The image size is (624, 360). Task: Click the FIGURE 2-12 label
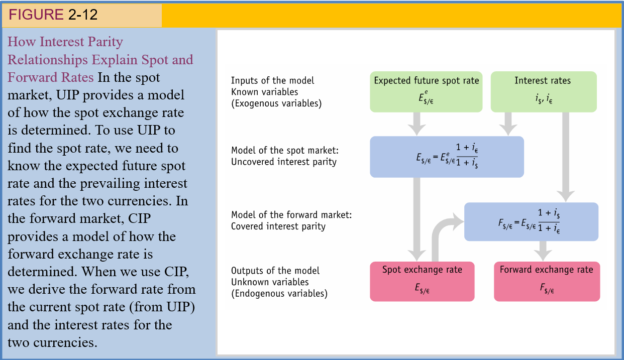coord(53,15)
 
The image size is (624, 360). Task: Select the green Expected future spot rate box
coord(426,91)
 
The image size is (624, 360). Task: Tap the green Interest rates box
coord(543,91)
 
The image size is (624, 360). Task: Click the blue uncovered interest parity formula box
coord(447,157)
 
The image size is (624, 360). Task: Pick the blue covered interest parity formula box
coord(531,221)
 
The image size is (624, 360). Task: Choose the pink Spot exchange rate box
coord(422,281)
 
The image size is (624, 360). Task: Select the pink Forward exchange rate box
coord(547,281)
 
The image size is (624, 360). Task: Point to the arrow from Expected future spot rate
coord(417,123)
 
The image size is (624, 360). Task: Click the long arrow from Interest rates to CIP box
coord(566,156)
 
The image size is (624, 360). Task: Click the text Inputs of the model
coord(272,80)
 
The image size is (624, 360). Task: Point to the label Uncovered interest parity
coord(283,162)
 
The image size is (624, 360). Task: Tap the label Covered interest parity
coord(278,226)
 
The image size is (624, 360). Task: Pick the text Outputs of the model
coord(275,271)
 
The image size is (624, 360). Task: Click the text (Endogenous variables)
coord(279,294)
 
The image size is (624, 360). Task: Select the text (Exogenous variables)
coord(276,103)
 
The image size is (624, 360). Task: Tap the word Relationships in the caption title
coord(47,60)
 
